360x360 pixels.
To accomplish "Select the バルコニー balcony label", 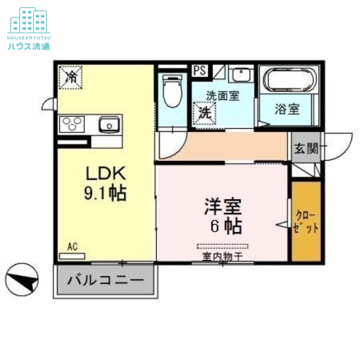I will coord(106,280).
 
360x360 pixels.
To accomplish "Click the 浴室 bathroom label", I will coord(287,109).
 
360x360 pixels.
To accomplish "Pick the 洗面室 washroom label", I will coord(223,95).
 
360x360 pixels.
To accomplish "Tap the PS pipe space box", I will coord(200,71).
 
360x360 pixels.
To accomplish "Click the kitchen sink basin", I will coord(108,124).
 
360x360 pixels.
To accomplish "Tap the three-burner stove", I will coord(72,123).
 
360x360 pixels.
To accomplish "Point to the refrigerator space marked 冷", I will coord(71,77).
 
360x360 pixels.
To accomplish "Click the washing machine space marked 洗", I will coord(205,113).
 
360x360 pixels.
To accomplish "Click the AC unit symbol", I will coord(72,256).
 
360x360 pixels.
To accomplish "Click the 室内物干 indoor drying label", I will coord(222,256).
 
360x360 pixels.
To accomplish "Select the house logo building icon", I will coord(29,20).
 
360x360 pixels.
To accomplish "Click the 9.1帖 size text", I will coord(104,193).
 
